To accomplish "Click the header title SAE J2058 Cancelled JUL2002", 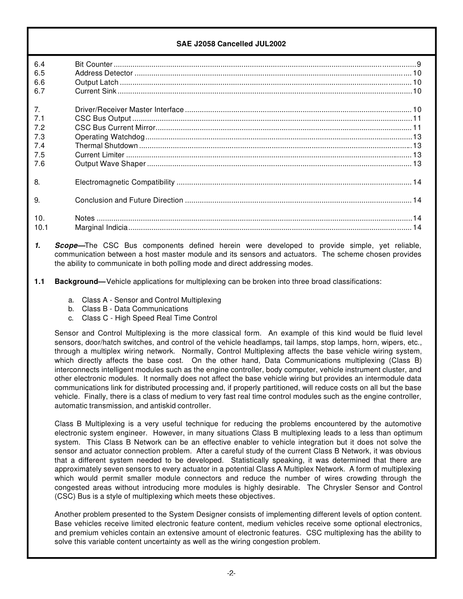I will (x=231, y=44).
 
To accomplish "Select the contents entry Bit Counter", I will (x=94, y=64).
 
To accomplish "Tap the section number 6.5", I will (x=39, y=73).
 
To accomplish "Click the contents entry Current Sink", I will (x=96, y=91).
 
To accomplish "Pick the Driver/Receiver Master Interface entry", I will (x=129, y=110).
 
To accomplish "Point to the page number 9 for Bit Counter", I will (x=419, y=64).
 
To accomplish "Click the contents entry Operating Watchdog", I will (x=110, y=137).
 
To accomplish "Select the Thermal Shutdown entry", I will (x=106, y=146).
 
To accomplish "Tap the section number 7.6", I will (x=39, y=164).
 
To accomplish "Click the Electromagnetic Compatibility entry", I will (x=125, y=182).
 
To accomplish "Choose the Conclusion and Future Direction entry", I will (x=129, y=200).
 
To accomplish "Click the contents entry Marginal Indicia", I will (x=101, y=227).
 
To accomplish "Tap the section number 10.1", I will (x=41, y=227).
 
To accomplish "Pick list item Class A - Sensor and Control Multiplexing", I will (x=151, y=300).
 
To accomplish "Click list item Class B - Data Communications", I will (x=135, y=309).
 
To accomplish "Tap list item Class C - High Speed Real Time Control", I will (x=149, y=318).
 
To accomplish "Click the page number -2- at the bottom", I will (x=231, y=573).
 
